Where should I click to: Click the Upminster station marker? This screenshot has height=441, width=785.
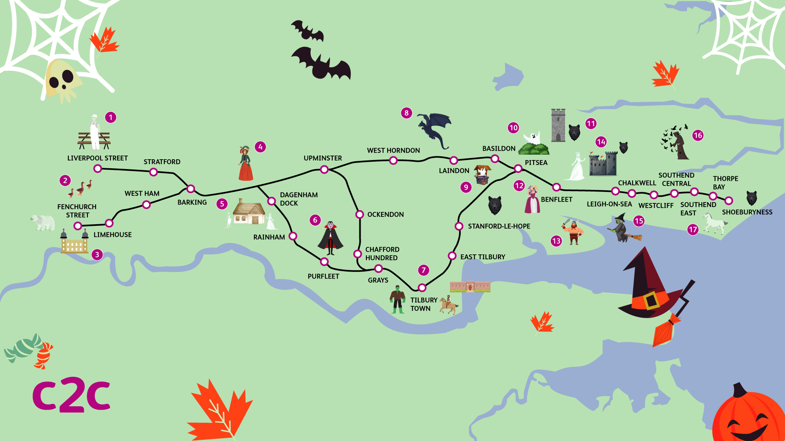pyautogui.click(x=324, y=169)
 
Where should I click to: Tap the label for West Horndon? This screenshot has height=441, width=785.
pyautogui.click(x=393, y=151)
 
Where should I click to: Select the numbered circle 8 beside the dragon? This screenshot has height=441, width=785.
pyautogui.click(x=406, y=113)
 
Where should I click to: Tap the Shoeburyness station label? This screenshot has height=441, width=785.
pyautogui.click(x=747, y=212)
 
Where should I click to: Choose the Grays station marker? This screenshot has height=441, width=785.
pyautogui.click(x=379, y=269)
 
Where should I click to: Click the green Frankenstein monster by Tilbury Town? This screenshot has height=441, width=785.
pyautogui.click(x=397, y=299)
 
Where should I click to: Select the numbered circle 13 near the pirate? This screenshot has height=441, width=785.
pyautogui.click(x=556, y=241)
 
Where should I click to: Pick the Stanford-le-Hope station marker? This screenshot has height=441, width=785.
pyautogui.click(x=459, y=226)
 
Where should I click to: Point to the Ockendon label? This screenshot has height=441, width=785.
pyautogui.click(x=385, y=215)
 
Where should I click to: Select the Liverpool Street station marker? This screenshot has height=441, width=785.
pyautogui.click(x=98, y=169)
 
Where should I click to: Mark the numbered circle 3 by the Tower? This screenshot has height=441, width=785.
pyautogui.click(x=97, y=255)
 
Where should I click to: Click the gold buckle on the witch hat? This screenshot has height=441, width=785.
pyautogui.click(x=651, y=300)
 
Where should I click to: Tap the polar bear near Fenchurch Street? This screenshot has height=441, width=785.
pyautogui.click(x=43, y=223)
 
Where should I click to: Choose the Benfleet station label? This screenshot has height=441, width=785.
pyautogui.click(x=556, y=200)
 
